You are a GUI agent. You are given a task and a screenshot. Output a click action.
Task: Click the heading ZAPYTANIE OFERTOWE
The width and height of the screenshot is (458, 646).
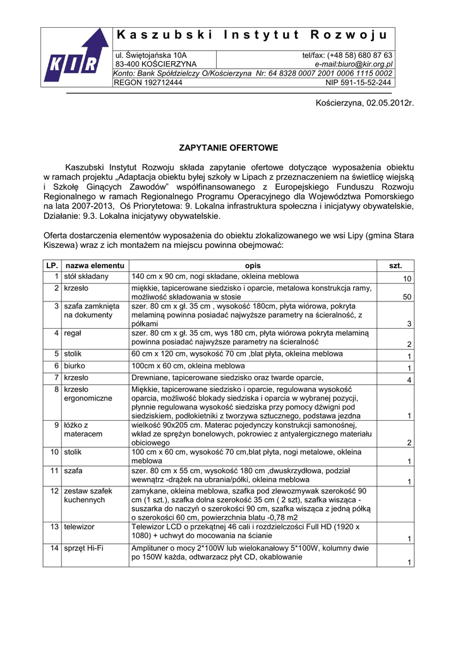click(229, 148)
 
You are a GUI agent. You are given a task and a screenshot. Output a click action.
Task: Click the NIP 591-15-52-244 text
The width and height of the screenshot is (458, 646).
click(358, 83)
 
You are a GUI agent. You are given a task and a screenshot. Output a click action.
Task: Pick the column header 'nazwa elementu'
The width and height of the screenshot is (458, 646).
click(95, 266)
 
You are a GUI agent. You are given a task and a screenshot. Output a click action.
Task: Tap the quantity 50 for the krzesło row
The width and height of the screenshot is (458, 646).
click(407, 297)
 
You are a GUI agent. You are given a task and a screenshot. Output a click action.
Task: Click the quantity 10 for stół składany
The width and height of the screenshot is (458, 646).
click(407, 279)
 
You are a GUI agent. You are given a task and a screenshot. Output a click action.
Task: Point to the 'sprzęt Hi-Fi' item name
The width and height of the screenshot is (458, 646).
click(84, 548)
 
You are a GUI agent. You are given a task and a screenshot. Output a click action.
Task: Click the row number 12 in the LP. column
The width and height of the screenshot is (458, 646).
click(54, 491)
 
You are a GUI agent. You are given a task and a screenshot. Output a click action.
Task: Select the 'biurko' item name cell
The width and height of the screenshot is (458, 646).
click(75, 366)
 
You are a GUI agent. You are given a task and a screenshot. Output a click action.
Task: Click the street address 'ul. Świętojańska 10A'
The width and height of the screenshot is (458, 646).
click(151, 56)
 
